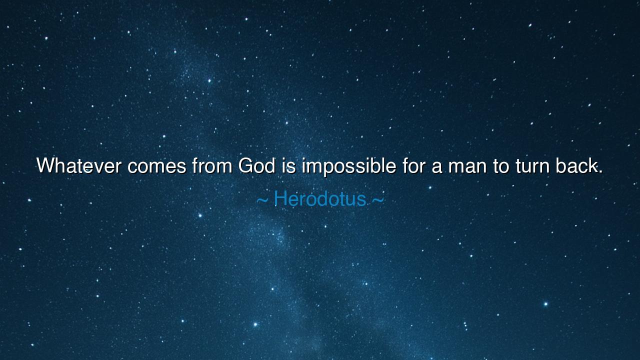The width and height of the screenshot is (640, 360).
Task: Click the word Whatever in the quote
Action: [x=79, y=165]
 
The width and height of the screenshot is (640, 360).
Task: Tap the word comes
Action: [x=157, y=167]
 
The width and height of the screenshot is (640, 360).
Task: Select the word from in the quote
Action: [x=212, y=165]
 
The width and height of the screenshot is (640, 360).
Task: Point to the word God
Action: [x=257, y=165]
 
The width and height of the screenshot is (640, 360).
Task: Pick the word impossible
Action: [x=349, y=166]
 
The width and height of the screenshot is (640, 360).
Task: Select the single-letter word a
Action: [x=437, y=167]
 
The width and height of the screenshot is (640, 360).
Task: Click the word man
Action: [x=467, y=167]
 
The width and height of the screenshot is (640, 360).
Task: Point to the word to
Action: [x=501, y=166]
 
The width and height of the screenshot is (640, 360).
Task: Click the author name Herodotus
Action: [x=320, y=199]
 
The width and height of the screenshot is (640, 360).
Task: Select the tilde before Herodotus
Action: [x=262, y=200]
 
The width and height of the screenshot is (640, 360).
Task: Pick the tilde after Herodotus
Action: [x=377, y=200]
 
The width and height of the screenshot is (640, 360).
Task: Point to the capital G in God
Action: [x=246, y=165]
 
